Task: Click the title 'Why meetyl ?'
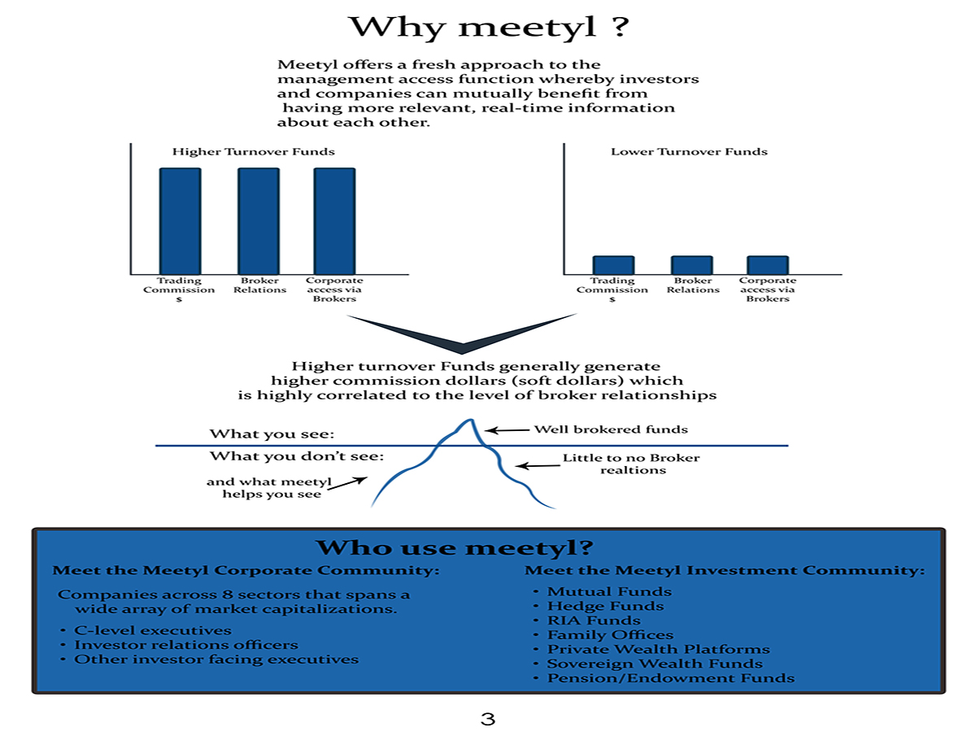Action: pyautogui.click(x=488, y=28)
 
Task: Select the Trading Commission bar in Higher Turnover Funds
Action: pyautogui.click(x=179, y=220)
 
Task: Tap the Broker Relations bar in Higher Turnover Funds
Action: pyautogui.click(x=258, y=220)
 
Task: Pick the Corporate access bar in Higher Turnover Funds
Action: pyautogui.click(x=334, y=220)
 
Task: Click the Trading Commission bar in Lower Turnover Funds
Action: pyautogui.click(x=612, y=265)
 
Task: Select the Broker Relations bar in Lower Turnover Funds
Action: pyautogui.click(x=691, y=265)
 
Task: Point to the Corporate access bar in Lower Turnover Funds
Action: pyautogui.click(x=768, y=265)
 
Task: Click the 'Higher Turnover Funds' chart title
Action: pyautogui.click(x=253, y=151)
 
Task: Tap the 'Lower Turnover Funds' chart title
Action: pyautogui.click(x=689, y=151)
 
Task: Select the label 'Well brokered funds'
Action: pyautogui.click(x=610, y=429)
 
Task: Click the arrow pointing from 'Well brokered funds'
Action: pyautogui.click(x=507, y=430)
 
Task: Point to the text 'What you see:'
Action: pyautogui.click(x=272, y=434)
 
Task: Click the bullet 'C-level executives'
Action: pyautogui.click(x=152, y=630)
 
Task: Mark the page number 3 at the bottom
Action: pyautogui.click(x=488, y=719)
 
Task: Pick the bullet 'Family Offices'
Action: pyautogui.click(x=610, y=635)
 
